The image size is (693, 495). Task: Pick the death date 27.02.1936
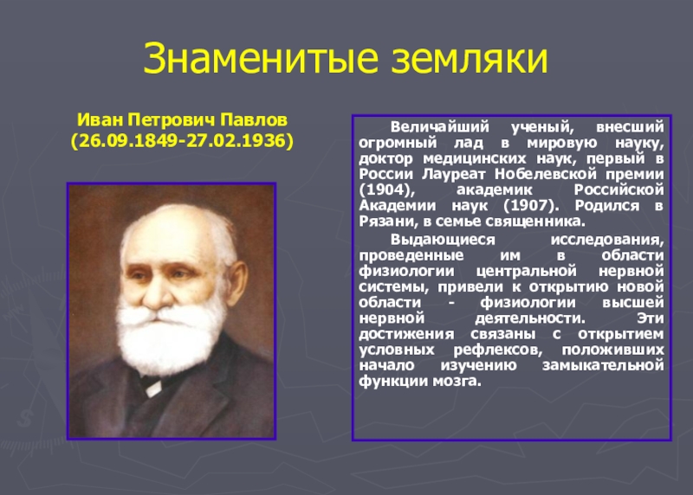(x=241, y=138)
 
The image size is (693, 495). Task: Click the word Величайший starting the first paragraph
(x=429, y=125)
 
